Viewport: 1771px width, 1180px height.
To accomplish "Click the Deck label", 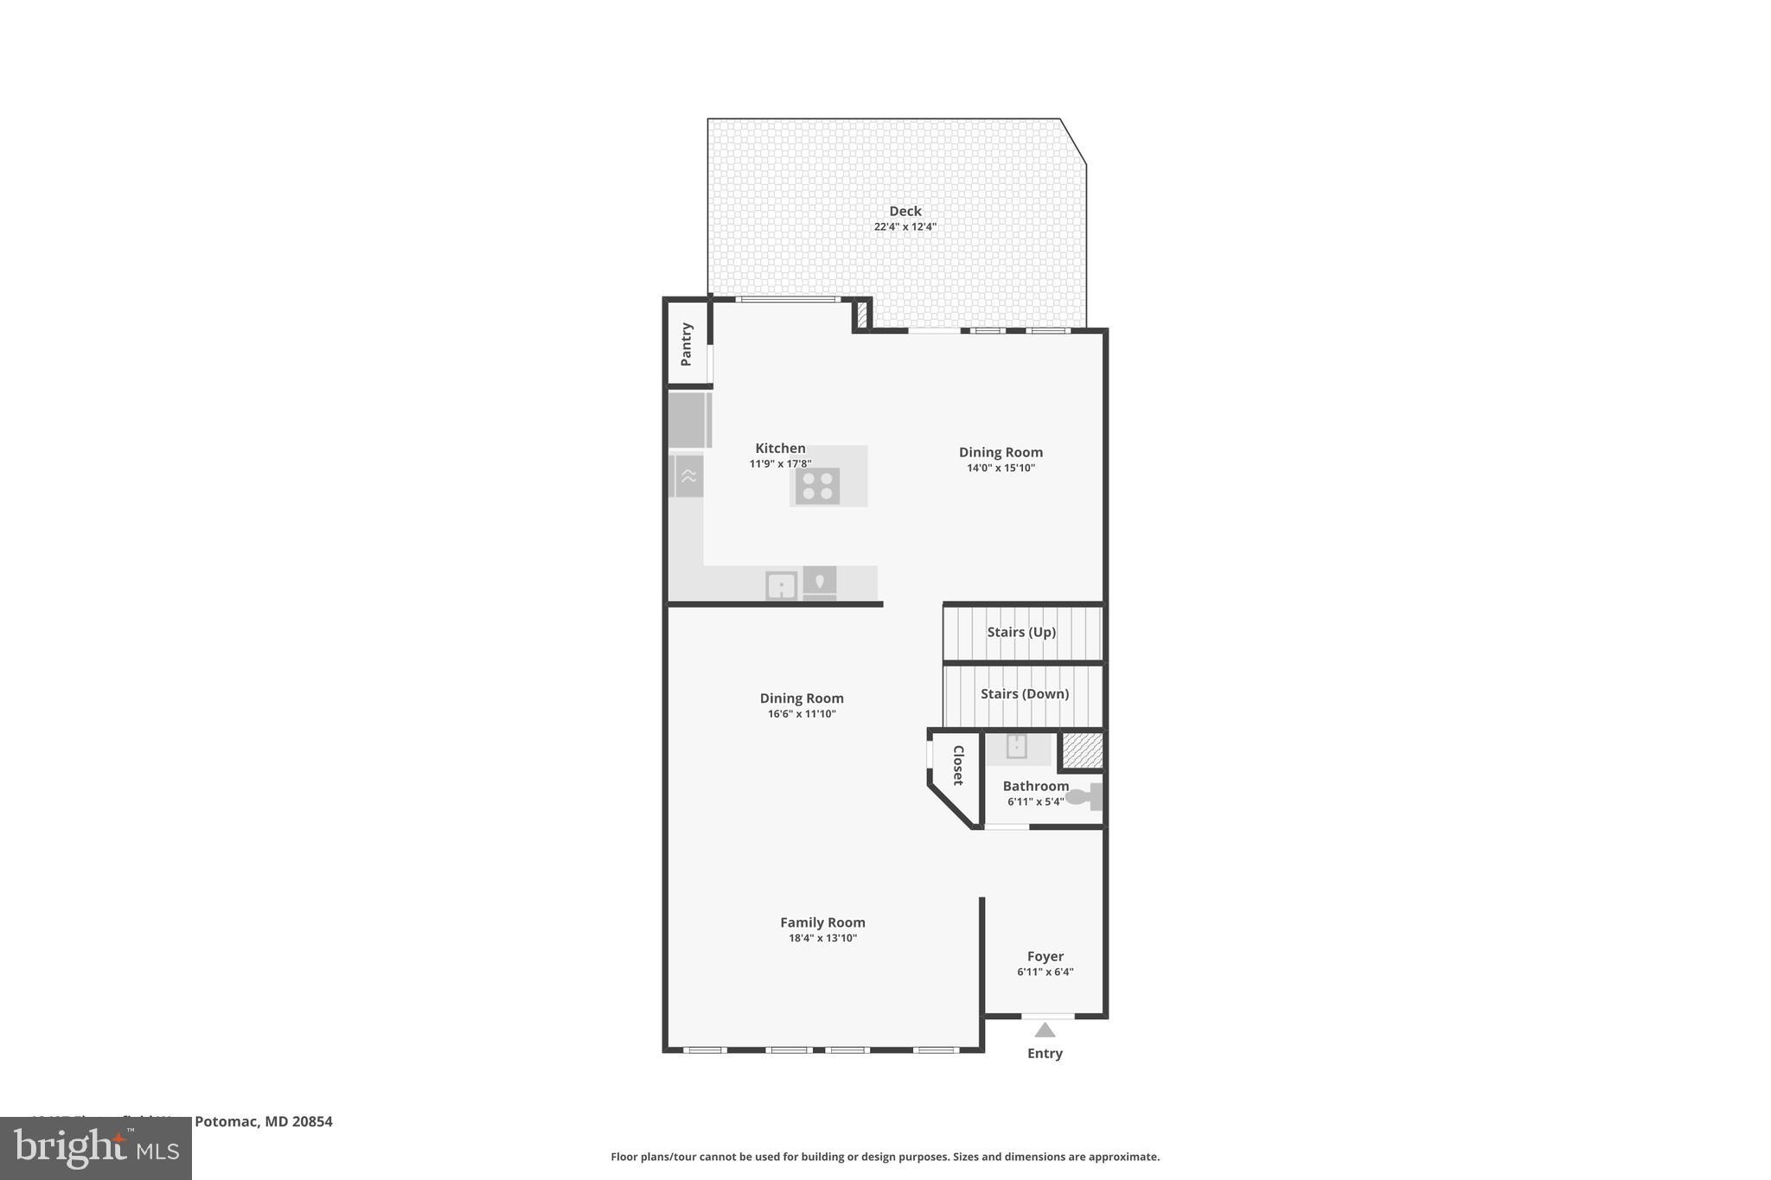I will pyautogui.click(x=905, y=211).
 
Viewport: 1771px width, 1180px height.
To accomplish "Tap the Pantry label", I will pyautogui.click(x=687, y=344).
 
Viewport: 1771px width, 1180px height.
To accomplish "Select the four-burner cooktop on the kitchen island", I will pyautogui.click(x=817, y=486).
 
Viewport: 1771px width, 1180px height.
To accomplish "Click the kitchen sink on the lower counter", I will pyautogui.click(x=781, y=585).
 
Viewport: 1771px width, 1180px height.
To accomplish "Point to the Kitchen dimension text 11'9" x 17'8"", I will pyautogui.click(x=780, y=464).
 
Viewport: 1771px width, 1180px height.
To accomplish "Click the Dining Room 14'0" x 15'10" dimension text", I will pyautogui.click(x=1001, y=469).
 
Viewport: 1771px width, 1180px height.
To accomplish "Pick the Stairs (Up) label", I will pyautogui.click(x=1021, y=632).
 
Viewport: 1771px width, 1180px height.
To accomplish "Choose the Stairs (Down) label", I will pyautogui.click(x=1024, y=694).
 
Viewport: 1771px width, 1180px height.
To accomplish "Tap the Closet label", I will pyautogui.click(x=958, y=765).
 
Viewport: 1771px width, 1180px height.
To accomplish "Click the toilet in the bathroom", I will pyautogui.click(x=1084, y=796).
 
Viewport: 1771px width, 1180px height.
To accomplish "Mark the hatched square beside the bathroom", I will pyautogui.click(x=1082, y=749).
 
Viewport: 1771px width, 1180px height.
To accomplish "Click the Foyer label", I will pyautogui.click(x=1045, y=956).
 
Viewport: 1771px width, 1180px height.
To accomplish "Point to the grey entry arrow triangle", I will pyautogui.click(x=1045, y=1030).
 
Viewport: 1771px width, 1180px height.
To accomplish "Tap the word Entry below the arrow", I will pyautogui.click(x=1045, y=1053).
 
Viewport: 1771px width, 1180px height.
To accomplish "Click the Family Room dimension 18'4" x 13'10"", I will pyautogui.click(x=822, y=939).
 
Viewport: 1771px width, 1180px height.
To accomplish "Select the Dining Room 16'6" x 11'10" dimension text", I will pyautogui.click(x=802, y=714).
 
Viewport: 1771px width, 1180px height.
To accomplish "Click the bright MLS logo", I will pyautogui.click(x=96, y=1149).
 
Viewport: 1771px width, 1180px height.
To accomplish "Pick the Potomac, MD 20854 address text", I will pyautogui.click(x=263, y=1121).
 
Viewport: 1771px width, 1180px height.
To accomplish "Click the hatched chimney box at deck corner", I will pyautogui.click(x=861, y=315).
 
